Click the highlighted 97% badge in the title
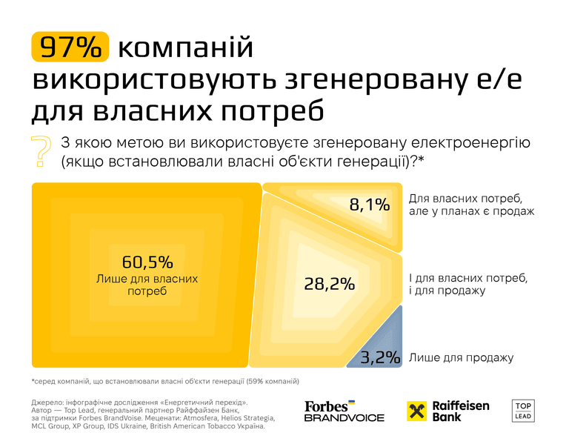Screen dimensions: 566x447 coord(70,47)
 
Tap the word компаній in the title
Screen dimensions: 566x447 coord(185,47)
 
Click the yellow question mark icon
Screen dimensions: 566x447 coord(41,151)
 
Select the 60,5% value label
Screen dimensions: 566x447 coord(147,262)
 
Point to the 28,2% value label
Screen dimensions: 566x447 coord(329,284)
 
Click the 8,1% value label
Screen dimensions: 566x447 coord(369,205)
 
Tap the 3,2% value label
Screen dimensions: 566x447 coord(381,357)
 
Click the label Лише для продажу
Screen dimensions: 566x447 coord(461,358)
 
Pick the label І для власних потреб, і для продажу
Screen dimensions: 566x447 coord(468,284)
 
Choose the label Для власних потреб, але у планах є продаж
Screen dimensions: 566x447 coord(471,205)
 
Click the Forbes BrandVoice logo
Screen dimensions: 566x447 coord(344,411)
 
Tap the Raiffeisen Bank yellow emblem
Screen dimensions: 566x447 coord(416,411)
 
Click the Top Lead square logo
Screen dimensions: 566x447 coord(523,411)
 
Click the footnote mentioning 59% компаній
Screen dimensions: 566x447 coord(165,381)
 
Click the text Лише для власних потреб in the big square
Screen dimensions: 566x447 coord(147,285)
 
